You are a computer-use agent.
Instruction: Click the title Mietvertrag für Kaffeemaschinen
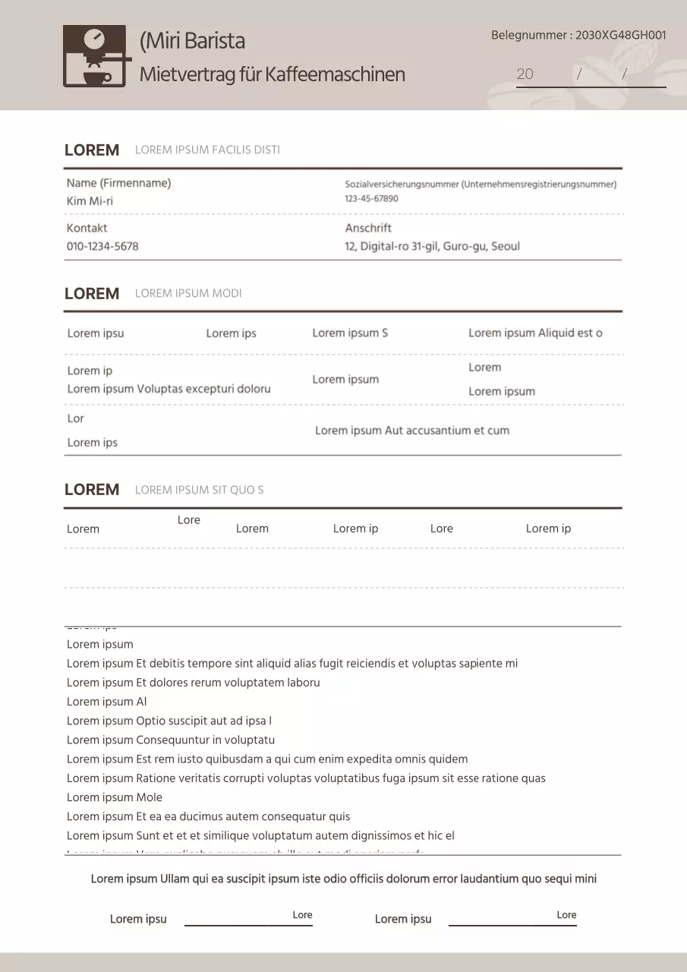pyautogui.click(x=272, y=74)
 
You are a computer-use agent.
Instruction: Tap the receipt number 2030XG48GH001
pyautogui.click(x=620, y=35)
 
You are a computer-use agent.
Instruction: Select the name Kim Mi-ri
pyautogui.click(x=90, y=201)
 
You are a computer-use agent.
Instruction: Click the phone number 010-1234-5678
pyautogui.click(x=102, y=246)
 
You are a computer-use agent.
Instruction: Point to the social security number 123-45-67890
pyautogui.click(x=371, y=199)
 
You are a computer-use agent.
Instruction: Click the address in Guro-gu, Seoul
pyautogui.click(x=432, y=246)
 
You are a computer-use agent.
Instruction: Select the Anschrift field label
pyautogui.click(x=368, y=228)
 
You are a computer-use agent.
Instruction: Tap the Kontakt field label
pyautogui.click(x=87, y=228)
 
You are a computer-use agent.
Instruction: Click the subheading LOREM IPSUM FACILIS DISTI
pyautogui.click(x=207, y=150)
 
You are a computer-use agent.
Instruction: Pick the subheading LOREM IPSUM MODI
pyautogui.click(x=188, y=294)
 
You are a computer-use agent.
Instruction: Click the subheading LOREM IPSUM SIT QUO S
pyautogui.click(x=199, y=490)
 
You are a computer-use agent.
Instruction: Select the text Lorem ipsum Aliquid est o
pyautogui.click(x=535, y=333)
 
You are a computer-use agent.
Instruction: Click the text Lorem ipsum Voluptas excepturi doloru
pyautogui.click(x=169, y=389)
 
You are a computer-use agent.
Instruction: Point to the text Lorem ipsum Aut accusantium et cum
pyautogui.click(x=411, y=431)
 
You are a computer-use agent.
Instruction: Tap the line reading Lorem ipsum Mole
pyautogui.click(x=114, y=797)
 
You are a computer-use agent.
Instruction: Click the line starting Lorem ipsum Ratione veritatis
pyautogui.click(x=305, y=778)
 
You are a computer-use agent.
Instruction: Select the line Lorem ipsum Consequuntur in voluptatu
pyautogui.click(x=170, y=740)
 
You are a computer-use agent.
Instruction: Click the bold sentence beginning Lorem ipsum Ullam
pyautogui.click(x=343, y=879)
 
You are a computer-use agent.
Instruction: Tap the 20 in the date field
pyautogui.click(x=525, y=74)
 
